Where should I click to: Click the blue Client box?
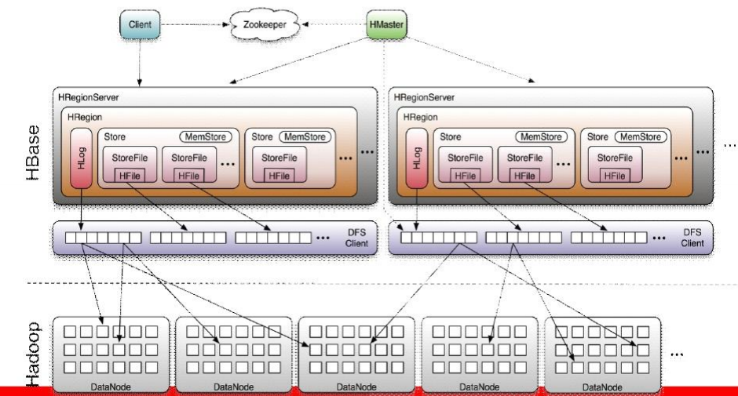pos(140,24)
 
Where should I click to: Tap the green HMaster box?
pos(386,24)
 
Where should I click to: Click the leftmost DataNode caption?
pos(111,386)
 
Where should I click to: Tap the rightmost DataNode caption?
pos(603,386)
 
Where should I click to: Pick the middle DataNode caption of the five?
pos(356,386)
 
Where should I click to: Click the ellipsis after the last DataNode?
pos(677,354)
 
